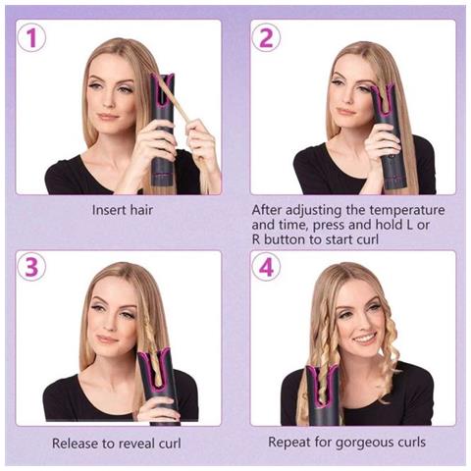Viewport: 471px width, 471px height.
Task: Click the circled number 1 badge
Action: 31,37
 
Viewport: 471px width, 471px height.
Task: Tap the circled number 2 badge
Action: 266,37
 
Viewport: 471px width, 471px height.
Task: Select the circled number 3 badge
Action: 31,267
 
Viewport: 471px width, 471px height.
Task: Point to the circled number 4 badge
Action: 266,267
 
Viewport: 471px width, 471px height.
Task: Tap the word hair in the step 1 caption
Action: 141,210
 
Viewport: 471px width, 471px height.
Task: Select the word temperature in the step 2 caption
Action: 407,210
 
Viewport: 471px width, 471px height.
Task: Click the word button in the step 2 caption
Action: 284,239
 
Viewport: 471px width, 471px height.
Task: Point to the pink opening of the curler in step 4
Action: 322,385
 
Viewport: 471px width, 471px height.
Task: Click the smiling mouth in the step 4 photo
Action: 365,339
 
